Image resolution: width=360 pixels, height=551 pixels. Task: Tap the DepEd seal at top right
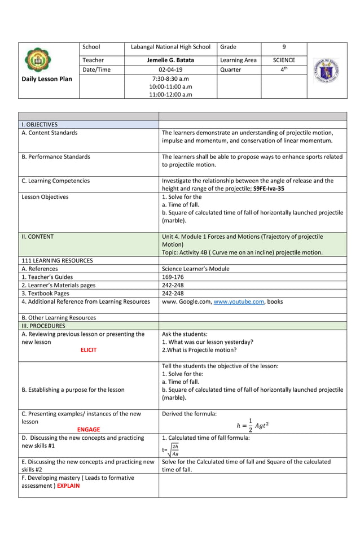pos(327,70)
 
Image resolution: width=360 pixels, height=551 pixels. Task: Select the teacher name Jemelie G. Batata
pos(170,60)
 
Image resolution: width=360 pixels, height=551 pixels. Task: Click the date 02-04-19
pos(170,69)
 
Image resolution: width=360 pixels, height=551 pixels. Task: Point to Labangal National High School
pos(170,47)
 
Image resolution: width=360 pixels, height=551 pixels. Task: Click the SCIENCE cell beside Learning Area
pos(283,60)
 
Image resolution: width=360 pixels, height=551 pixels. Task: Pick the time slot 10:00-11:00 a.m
pos(170,87)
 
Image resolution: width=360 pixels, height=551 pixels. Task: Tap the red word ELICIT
pos(88,350)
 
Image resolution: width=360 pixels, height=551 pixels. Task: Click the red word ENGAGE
pos(89,429)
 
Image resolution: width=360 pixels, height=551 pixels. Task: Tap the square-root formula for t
pos(172,449)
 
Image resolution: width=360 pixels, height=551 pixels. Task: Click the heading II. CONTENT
pos(37,237)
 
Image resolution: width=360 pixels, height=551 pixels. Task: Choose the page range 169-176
pos(173,277)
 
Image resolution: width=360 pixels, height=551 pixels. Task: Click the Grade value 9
pos(283,47)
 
